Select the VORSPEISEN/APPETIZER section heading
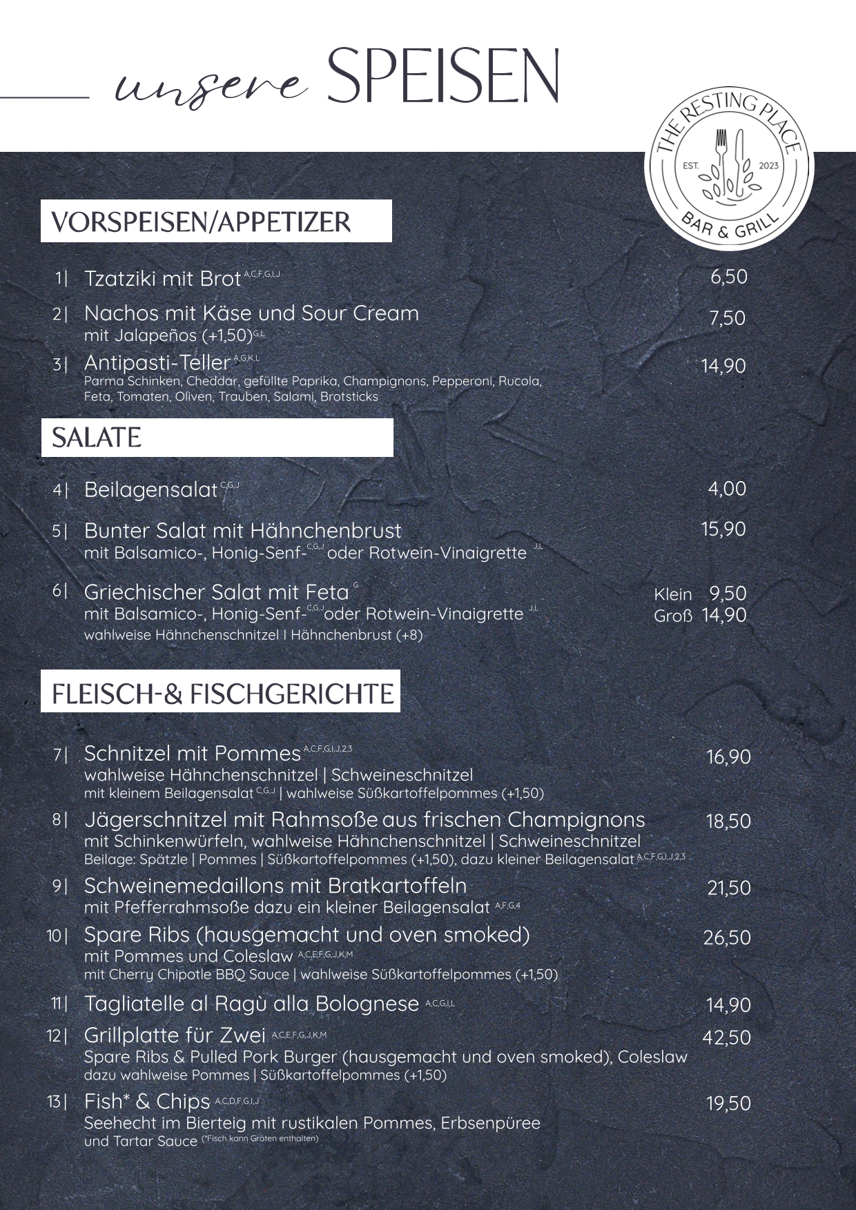[x=201, y=222]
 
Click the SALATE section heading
[x=97, y=438]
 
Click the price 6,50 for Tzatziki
[x=728, y=277]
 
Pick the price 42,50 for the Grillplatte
[x=726, y=1037]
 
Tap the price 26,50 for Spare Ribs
[x=726, y=937]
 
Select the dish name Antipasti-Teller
[x=157, y=362]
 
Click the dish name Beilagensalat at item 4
[x=151, y=489]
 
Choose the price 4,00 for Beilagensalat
[x=727, y=489]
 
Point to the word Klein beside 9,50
[x=672, y=594]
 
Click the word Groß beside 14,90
[x=672, y=616]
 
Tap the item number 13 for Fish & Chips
[x=55, y=1102]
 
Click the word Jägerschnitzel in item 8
[x=155, y=820]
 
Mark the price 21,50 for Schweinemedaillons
[x=728, y=888]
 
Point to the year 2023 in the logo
[x=768, y=166]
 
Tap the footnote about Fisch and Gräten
[x=260, y=1138]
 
